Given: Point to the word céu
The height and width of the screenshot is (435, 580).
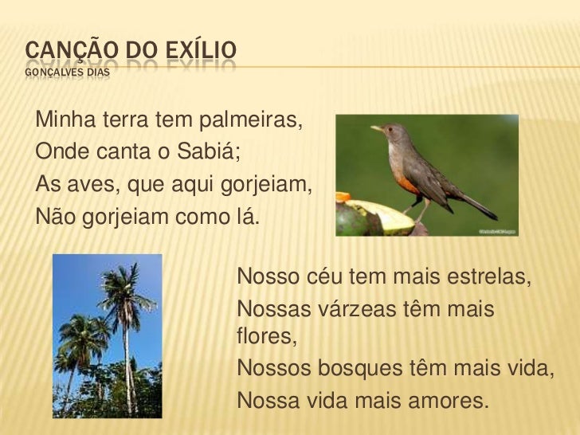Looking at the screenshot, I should [x=332, y=281].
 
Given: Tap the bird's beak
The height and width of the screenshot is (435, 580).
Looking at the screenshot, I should [x=376, y=127].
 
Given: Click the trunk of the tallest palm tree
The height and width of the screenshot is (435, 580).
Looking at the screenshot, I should [x=127, y=359].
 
